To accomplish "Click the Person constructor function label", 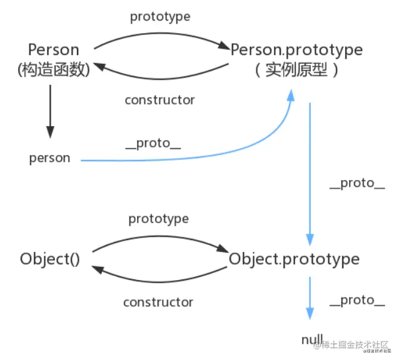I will (54, 49).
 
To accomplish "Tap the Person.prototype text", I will (296, 49).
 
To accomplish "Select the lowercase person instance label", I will (49, 158).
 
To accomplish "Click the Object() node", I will (50, 259).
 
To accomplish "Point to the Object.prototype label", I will (294, 259).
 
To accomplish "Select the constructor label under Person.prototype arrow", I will (159, 100).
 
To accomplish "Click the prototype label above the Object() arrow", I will (158, 219).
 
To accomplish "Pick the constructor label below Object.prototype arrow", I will (158, 302).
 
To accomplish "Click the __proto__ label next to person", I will (153, 143).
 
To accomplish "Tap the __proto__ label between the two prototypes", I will (357, 183).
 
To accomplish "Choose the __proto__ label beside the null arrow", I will (357, 301).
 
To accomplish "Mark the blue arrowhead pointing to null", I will (310, 313).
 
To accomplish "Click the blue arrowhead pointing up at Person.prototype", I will (291, 95).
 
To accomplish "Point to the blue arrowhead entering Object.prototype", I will (310, 239).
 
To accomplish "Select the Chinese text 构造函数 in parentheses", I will (54, 69).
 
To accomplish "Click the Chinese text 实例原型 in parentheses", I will (296, 69).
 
